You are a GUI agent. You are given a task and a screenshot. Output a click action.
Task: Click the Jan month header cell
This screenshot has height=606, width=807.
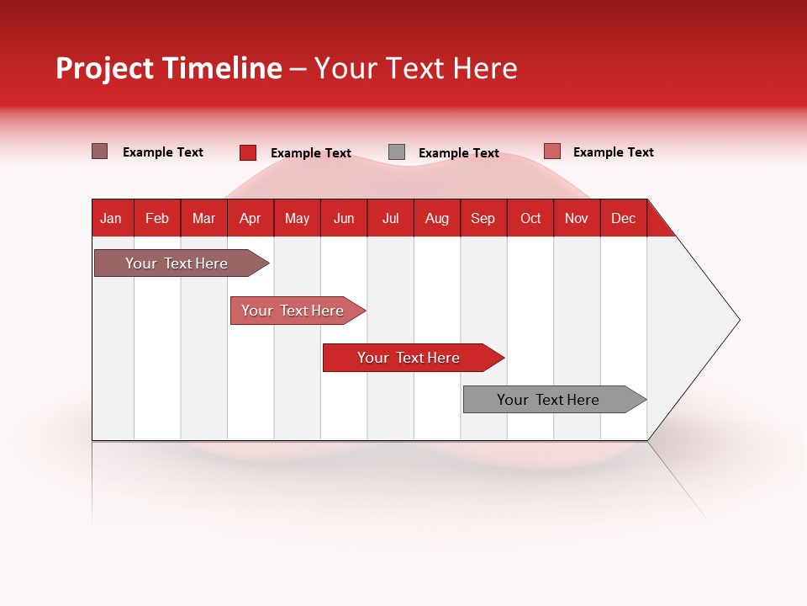[112, 218]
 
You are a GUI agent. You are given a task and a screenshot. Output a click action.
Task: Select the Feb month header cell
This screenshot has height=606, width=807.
[157, 218]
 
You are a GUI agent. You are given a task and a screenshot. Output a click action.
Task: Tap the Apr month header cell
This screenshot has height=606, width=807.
[251, 218]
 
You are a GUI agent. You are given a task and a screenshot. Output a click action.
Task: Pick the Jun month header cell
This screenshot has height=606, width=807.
[344, 218]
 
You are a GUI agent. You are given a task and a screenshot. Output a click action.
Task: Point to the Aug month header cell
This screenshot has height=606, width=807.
[437, 218]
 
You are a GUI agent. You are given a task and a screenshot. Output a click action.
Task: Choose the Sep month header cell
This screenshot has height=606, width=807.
[483, 218]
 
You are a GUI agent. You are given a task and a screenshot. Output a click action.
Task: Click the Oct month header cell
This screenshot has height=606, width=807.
[530, 218]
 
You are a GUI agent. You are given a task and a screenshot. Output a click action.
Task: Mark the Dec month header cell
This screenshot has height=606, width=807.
[624, 218]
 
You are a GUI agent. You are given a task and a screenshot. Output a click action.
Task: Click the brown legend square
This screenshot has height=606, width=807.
[99, 151]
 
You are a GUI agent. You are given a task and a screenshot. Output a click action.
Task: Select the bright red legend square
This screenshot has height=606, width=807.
[248, 152]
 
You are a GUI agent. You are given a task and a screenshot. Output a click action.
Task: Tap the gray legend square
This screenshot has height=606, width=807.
[397, 152]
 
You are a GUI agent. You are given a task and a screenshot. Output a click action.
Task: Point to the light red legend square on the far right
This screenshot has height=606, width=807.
[551, 151]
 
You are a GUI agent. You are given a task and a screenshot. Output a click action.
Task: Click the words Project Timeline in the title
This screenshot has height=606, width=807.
[168, 68]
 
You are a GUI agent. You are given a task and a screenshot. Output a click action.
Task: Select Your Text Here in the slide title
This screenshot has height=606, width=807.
[416, 68]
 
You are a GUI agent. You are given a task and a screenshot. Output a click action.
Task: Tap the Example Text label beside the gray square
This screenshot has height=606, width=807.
[459, 153]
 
